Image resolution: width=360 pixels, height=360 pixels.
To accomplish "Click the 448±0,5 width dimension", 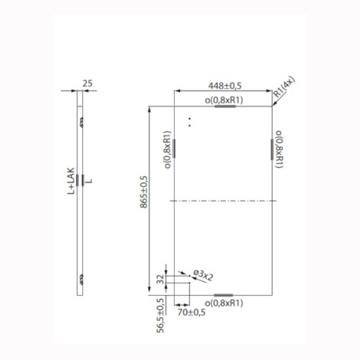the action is pos(224,86).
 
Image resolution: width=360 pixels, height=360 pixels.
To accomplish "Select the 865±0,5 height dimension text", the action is pos(144,192).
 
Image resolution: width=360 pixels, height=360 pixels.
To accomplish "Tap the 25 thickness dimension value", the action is pos(87,83).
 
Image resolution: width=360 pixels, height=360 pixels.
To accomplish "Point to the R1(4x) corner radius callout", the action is pos(284,87).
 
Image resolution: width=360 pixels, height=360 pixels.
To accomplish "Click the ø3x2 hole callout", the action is pos(203,276).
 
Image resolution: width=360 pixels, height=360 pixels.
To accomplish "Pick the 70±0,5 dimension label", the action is pos(191,313).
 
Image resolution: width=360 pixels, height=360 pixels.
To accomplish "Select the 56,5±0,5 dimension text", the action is pos(160,316).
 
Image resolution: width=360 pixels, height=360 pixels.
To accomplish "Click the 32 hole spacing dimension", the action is pos(160,279).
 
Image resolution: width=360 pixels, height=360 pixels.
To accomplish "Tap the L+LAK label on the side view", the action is pos(71,181).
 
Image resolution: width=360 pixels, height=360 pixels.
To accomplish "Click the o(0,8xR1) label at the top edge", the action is pos(224,100).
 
